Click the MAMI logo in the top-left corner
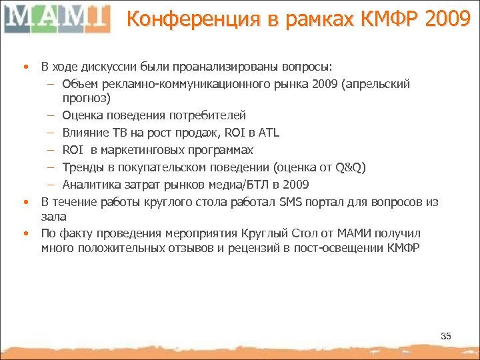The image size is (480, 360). (57, 18)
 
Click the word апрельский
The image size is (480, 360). (381, 84)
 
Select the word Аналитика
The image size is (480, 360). (89, 184)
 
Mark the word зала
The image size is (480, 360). (53, 217)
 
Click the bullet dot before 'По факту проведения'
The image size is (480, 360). (25, 234)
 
